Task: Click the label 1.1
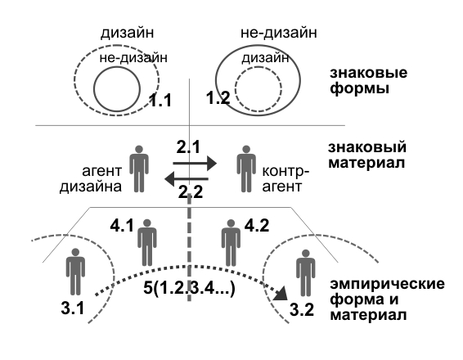click(x=160, y=100)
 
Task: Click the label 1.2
click(x=218, y=97)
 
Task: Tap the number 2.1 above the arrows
click(x=188, y=146)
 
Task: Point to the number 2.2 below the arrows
click(x=191, y=192)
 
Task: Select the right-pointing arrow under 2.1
click(x=195, y=164)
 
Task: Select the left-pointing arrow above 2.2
click(x=187, y=179)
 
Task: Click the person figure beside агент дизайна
click(x=139, y=169)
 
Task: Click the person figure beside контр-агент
click(x=246, y=169)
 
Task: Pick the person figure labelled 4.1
click(x=147, y=243)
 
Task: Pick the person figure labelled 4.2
click(x=231, y=243)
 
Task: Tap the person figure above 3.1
click(x=75, y=272)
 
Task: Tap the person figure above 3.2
click(x=306, y=273)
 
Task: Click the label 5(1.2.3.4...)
click(x=189, y=288)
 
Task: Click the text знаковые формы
click(x=368, y=80)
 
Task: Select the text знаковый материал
click(x=367, y=155)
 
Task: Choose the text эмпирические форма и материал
click(x=387, y=299)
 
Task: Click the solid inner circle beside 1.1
click(x=117, y=67)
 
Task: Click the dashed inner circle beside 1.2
click(x=258, y=67)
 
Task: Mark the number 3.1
click(x=73, y=308)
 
